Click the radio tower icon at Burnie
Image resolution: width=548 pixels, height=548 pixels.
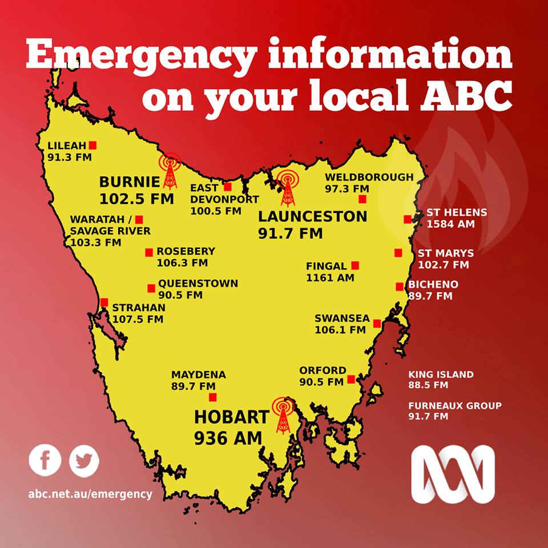click(170, 171)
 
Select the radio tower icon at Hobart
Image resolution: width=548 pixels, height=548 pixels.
click(283, 416)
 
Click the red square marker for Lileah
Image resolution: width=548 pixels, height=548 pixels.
click(92, 145)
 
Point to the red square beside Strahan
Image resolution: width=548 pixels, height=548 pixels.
click(104, 303)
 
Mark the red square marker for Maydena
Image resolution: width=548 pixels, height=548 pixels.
click(213, 397)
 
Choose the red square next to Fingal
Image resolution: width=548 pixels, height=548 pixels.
click(355, 265)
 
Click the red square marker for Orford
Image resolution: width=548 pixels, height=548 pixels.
click(351, 379)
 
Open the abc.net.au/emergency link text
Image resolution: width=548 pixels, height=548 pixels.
click(90, 494)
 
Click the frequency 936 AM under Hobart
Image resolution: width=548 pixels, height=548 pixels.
click(228, 438)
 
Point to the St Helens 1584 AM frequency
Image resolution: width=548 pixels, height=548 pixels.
click(451, 224)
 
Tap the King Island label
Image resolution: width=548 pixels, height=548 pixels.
click(441, 374)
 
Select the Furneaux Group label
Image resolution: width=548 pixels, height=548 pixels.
click(455, 406)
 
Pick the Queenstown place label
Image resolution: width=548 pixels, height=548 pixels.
click(198, 283)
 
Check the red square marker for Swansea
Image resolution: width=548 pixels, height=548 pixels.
click(377, 324)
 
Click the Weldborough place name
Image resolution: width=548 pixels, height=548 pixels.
click(369, 177)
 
